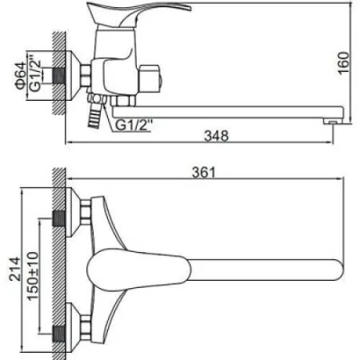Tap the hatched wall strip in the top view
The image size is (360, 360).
click(58, 264)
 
